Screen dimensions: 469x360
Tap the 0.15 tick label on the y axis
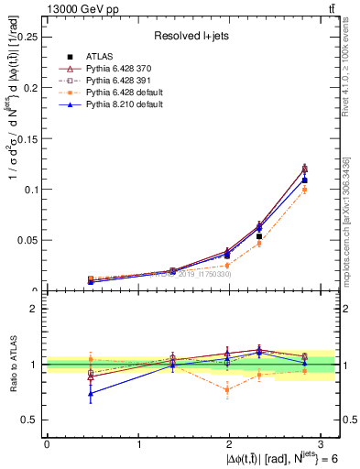[29, 138]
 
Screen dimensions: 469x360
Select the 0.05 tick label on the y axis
[29, 240]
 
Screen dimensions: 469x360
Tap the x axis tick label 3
[323, 443]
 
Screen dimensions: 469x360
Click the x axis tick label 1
[139, 443]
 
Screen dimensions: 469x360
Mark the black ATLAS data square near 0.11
[305, 180]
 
